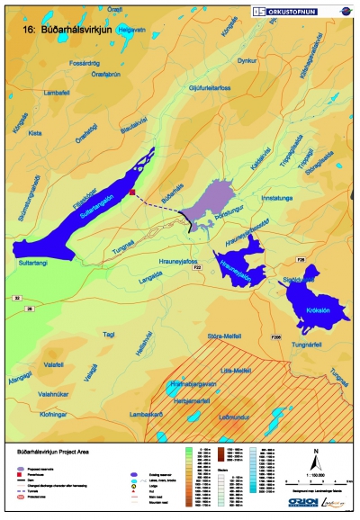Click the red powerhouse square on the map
132,192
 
